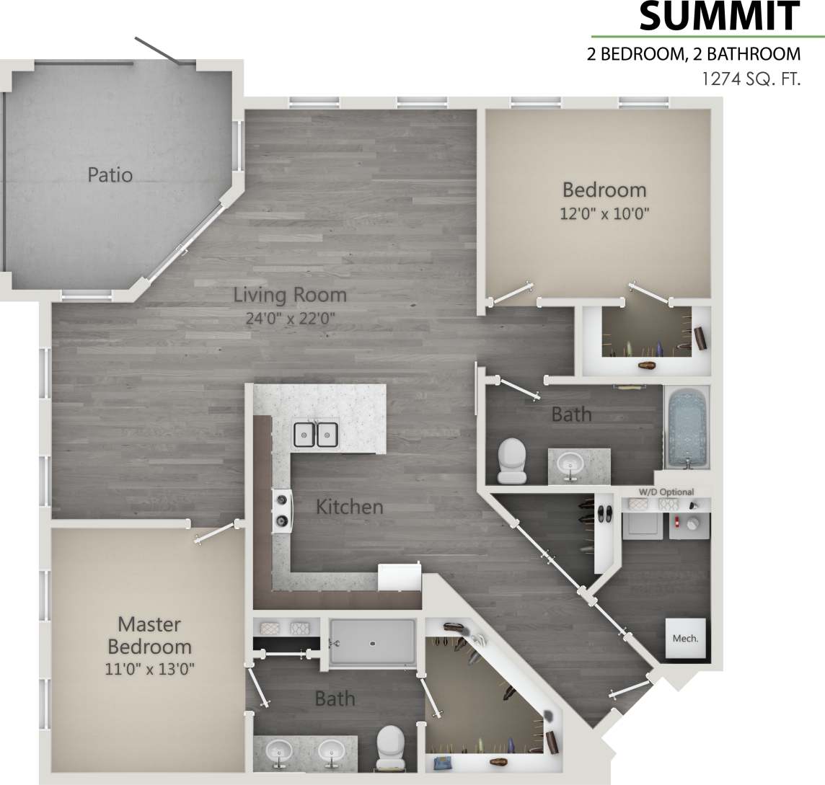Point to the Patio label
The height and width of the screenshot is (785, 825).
pyautogui.click(x=110, y=174)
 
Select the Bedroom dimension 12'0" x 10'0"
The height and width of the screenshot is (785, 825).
pyautogui.click(x=604, y=213)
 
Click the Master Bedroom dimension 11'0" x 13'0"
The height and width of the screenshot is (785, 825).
pyautogui.click(x=149, y=668)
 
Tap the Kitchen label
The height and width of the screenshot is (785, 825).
pyautogui.click(x=350, y=507)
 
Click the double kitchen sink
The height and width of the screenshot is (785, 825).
pyautogui.click(x=316, y=434)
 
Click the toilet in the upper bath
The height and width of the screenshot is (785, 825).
pyautogui.click(x=512, y=461)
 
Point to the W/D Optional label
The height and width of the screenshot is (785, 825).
pyautogui.click(x=666, y=492)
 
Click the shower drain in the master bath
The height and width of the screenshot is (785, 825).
pyautogui.click(x=372, y=639)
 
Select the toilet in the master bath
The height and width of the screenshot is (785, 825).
pyautogui.click(x=391, y=747)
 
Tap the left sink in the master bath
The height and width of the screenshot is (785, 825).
pyautogui.click(x=279, y=752)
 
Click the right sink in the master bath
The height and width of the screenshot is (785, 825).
pyautogui.click(x=332, y=752)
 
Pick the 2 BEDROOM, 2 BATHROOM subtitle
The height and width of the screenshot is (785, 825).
pyautogui.click(x=694, y=54)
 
